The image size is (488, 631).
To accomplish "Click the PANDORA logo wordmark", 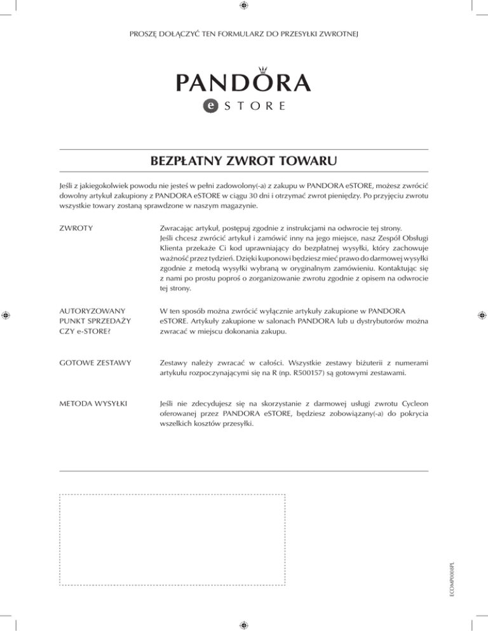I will (x=243, y=82).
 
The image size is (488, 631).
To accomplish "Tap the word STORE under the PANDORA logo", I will (x=253, y=106).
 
